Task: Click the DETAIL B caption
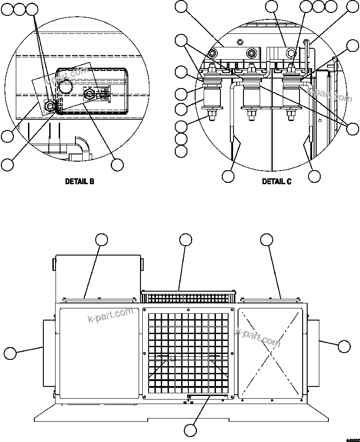click(79, 181)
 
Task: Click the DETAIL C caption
click(276, 181)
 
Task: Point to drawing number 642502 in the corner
click(352, 439)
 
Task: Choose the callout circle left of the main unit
click(10, 353)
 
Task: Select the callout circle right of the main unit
click(344, 346)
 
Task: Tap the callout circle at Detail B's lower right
click(117, 165)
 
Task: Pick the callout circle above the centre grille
click(186, 240)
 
